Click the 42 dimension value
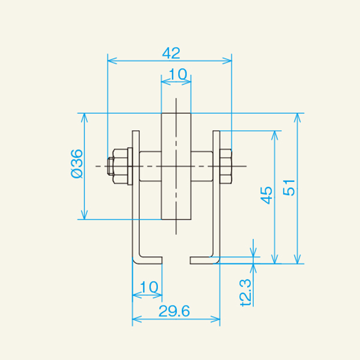pos(171,53)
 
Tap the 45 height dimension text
pos(266,195)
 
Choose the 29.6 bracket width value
pos(175,311)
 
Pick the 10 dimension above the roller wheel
pos(176,74)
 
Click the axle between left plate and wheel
pos(151,166)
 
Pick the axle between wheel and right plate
pos(202,166)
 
